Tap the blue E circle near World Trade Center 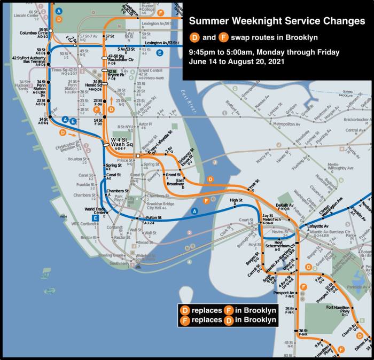[95, 218]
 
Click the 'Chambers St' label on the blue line [119, 191]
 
